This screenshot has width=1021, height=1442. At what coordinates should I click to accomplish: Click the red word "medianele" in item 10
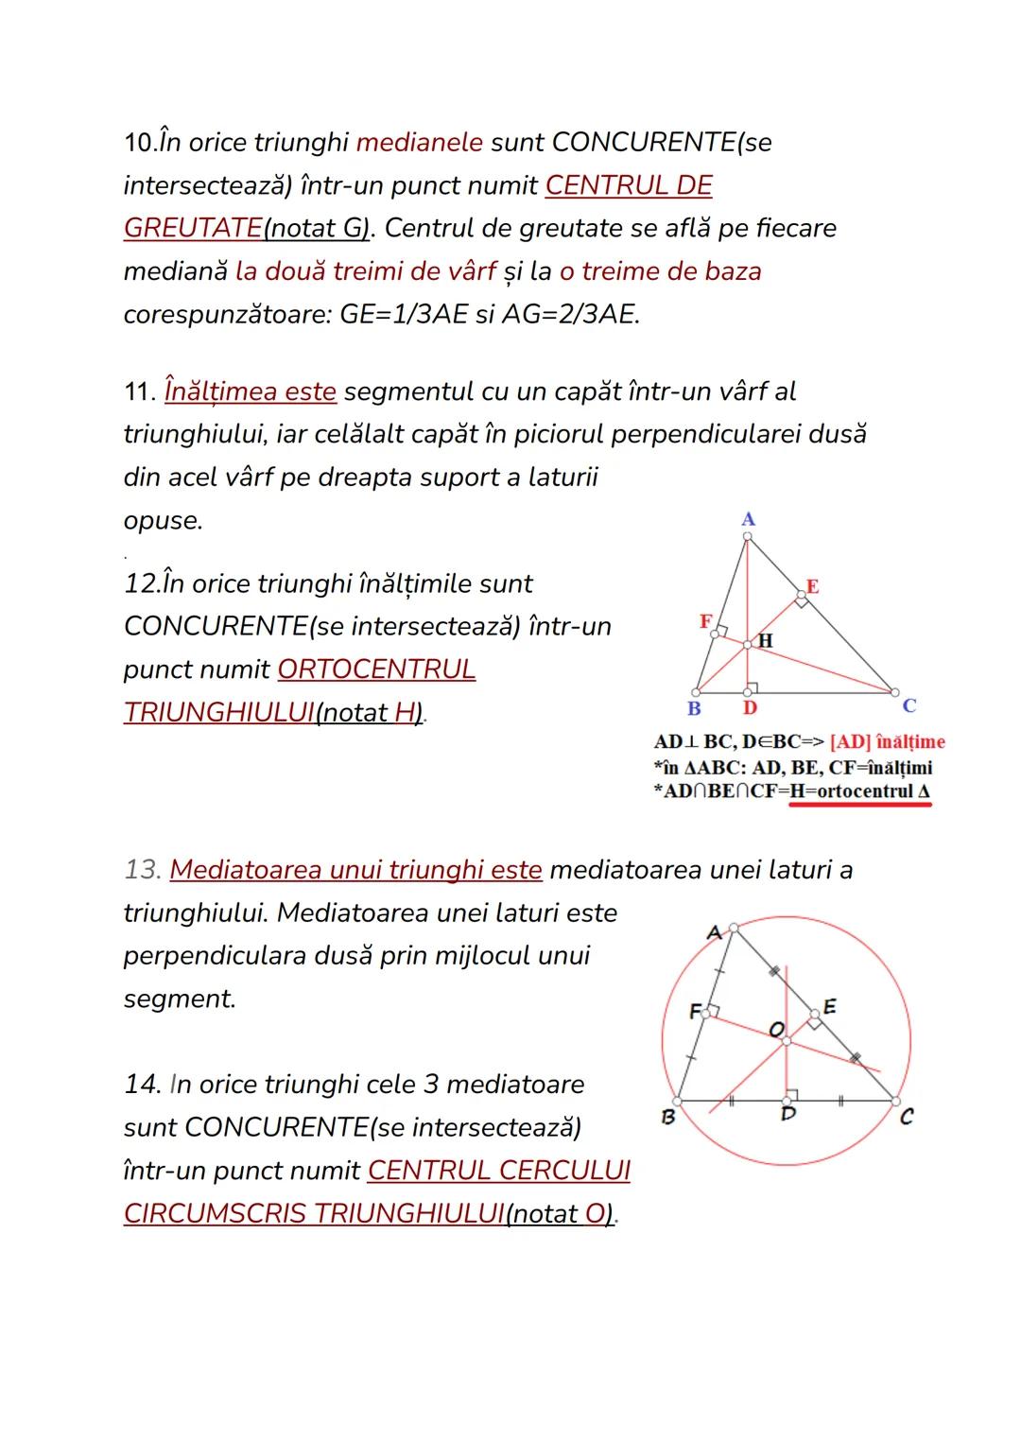[419, 143]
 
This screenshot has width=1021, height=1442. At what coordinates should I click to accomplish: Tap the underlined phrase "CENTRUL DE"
[629, 185]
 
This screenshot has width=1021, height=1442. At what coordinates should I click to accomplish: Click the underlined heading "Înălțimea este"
[251, 391]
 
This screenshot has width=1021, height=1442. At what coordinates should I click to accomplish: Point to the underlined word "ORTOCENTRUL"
[376, 669]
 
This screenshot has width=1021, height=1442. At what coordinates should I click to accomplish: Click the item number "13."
[143, 870]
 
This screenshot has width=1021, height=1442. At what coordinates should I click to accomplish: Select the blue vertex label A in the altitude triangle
[748, 519]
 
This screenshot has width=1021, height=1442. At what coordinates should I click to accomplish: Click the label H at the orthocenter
[766, 641]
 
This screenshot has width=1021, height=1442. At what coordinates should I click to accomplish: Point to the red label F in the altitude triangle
[704, 621]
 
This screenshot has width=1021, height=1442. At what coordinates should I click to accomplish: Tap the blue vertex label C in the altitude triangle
[909, 705]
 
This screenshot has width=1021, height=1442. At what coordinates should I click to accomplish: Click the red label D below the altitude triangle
[749, 708]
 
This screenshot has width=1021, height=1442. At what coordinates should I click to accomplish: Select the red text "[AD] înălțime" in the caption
[887, 742]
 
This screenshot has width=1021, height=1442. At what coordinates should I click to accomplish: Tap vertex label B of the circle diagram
[667, 1117]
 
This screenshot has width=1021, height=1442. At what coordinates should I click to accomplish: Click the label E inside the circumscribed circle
[829, 1006]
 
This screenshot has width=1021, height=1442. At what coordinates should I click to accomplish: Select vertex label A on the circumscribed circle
[715, 932]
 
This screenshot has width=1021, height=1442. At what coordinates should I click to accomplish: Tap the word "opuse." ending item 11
[163, 520]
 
